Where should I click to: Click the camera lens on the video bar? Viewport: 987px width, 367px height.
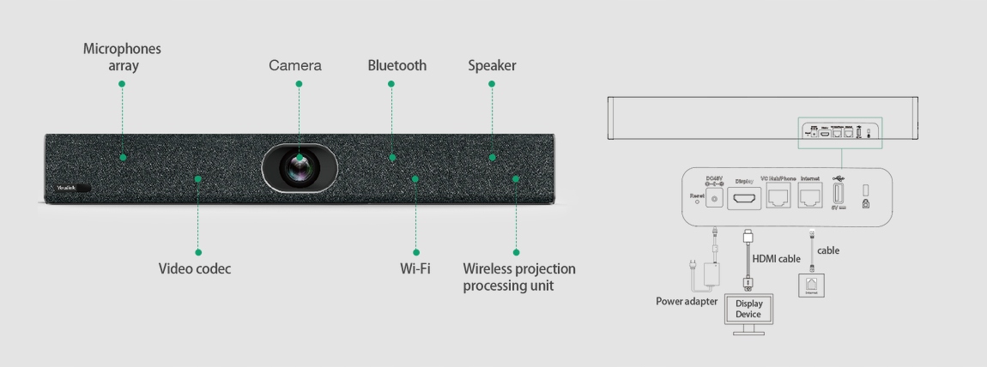pyautogui.click(x=300, y=166)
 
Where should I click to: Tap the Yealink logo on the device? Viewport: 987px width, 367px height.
pyautogui.click(x=66, y=186)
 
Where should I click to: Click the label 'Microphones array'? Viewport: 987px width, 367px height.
pyautogui.click(x=122, y=57)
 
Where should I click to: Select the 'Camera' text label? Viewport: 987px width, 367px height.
pyautogui.click(x=295, y=65)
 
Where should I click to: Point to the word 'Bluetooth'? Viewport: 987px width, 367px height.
pyautogui.click(x=397, y=65)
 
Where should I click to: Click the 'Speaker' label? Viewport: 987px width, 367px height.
pyautogui.click(x=492, y=65)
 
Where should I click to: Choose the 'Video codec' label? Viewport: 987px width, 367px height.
pyautogui.click(x=195, y=268)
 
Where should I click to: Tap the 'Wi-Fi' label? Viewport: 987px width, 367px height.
pyautogui.click(x=415, y=268)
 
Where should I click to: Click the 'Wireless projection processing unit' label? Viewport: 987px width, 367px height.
pyautogui.click(x=519, y=276)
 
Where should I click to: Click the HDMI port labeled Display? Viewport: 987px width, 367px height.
pyautogui.click(x=743, y=198)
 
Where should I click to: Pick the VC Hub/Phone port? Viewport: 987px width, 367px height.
pyautogui.click(x=780, y=198)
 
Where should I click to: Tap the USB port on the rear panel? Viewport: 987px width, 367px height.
pyautogui.click(x=839, y=194)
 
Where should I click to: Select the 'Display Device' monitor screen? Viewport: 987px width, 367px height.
pyautogui.click(x=748, y=310)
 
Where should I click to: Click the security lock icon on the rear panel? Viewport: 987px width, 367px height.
pyautogui.click(x=866, y=202)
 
